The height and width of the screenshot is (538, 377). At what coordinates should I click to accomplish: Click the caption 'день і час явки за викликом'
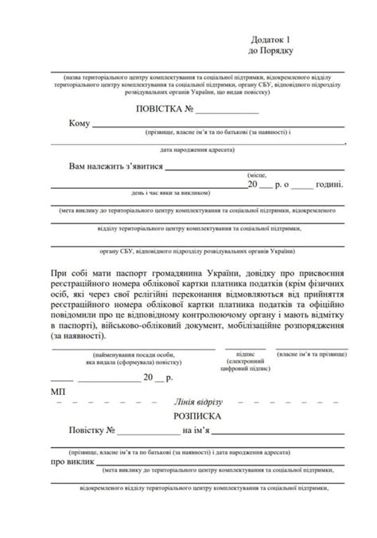coord(172,193)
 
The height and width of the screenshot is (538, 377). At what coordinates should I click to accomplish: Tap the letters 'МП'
coord(58,392)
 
